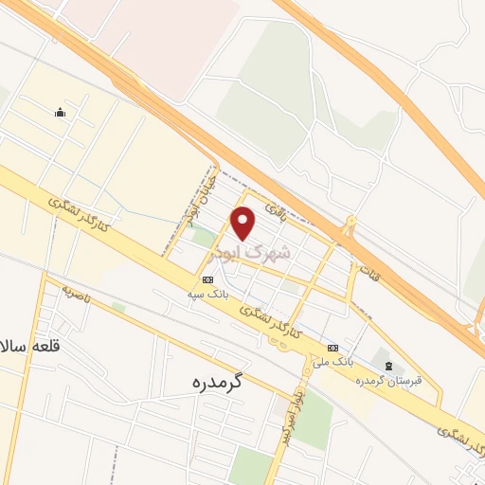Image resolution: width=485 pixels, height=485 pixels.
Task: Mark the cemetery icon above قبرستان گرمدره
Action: click(386, 366)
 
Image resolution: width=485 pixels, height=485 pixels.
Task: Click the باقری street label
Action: click(276, 206)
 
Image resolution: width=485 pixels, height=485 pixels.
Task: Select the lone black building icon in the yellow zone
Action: click(61, 114)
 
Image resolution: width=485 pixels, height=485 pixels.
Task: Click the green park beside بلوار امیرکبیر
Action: click(313, 418)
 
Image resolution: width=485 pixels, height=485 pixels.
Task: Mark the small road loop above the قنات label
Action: click(350, 226)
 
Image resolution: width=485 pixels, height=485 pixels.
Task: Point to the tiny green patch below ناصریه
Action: click(118, 307)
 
